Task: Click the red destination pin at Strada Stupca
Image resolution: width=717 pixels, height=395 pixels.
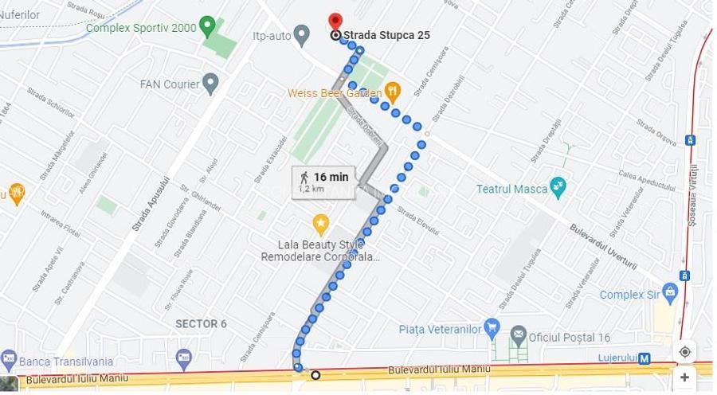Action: [x=335, y=21]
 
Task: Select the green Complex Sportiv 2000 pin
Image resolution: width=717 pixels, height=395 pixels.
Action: [x=207, y=26]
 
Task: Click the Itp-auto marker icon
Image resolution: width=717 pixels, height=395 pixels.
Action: [x=301, y=34]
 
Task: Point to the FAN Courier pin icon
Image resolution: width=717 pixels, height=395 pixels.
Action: [x=210, y=83]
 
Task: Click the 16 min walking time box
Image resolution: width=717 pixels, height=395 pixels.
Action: [x=323, y=182]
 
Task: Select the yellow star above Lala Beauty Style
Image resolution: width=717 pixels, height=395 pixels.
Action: [x=320, y=223]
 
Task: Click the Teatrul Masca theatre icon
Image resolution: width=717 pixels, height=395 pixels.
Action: [x=558, y=188]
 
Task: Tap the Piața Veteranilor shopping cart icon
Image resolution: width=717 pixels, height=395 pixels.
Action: [x=492, y=328]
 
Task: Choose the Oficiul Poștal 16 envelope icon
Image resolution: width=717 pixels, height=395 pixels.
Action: [x=519, y=334]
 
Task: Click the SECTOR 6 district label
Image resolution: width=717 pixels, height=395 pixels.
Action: [x=202, y=323]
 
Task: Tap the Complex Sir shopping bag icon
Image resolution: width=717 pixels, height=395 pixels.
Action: [x=670, y=293]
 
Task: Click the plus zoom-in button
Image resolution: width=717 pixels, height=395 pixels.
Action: [x=684, y=377]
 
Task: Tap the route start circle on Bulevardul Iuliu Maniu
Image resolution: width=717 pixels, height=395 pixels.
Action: [x=315, y=375]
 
